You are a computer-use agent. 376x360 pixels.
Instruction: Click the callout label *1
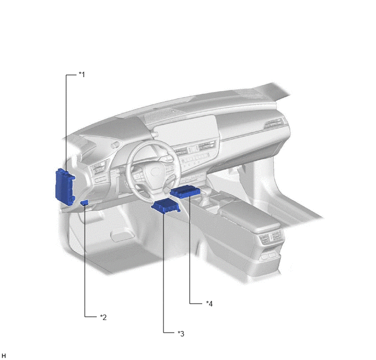coord(82,74)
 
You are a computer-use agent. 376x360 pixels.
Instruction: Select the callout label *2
coord(103,317)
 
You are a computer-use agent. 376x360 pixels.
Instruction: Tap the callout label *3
coord(181,333)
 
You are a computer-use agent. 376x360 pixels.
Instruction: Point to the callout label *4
coord(209,304)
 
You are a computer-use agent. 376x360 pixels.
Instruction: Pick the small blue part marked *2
coord(84,202)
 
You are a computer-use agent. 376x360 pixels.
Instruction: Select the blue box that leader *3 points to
coord(166,206)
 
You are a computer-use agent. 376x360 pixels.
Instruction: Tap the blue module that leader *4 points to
coord(185,191)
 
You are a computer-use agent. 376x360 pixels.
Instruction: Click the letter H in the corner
coord(4,356)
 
